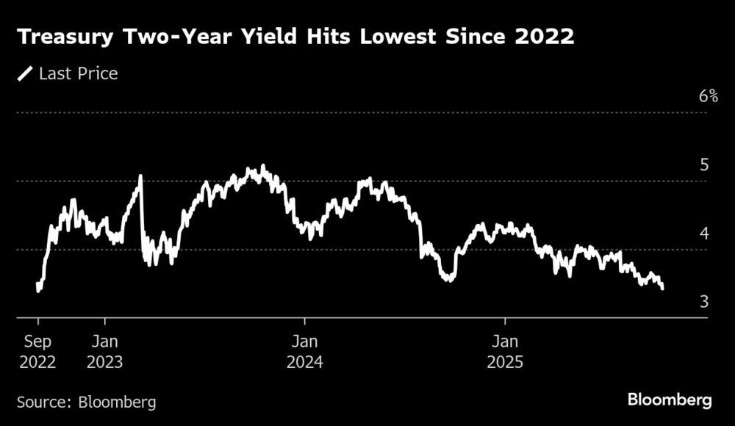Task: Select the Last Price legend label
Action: coord(79,73)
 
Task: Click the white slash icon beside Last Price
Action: coord(25,73)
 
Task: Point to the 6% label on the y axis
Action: coord(708,96)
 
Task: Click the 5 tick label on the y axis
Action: coord(704,165)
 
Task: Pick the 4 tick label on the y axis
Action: coord(704,234)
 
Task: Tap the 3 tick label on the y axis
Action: coord(704,302)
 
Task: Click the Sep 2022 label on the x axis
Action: coord(37,352)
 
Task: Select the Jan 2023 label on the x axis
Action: coord(105,352)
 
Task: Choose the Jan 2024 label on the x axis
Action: coord(304,352)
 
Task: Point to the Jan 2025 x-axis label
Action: coord(505,352)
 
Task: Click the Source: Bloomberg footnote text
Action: coord(87,402)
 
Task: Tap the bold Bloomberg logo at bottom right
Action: coord(670,400)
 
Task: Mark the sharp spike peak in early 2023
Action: coord(140,176)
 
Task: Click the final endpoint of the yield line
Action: coord(663,288)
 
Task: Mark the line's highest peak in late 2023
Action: coord(262,167)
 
